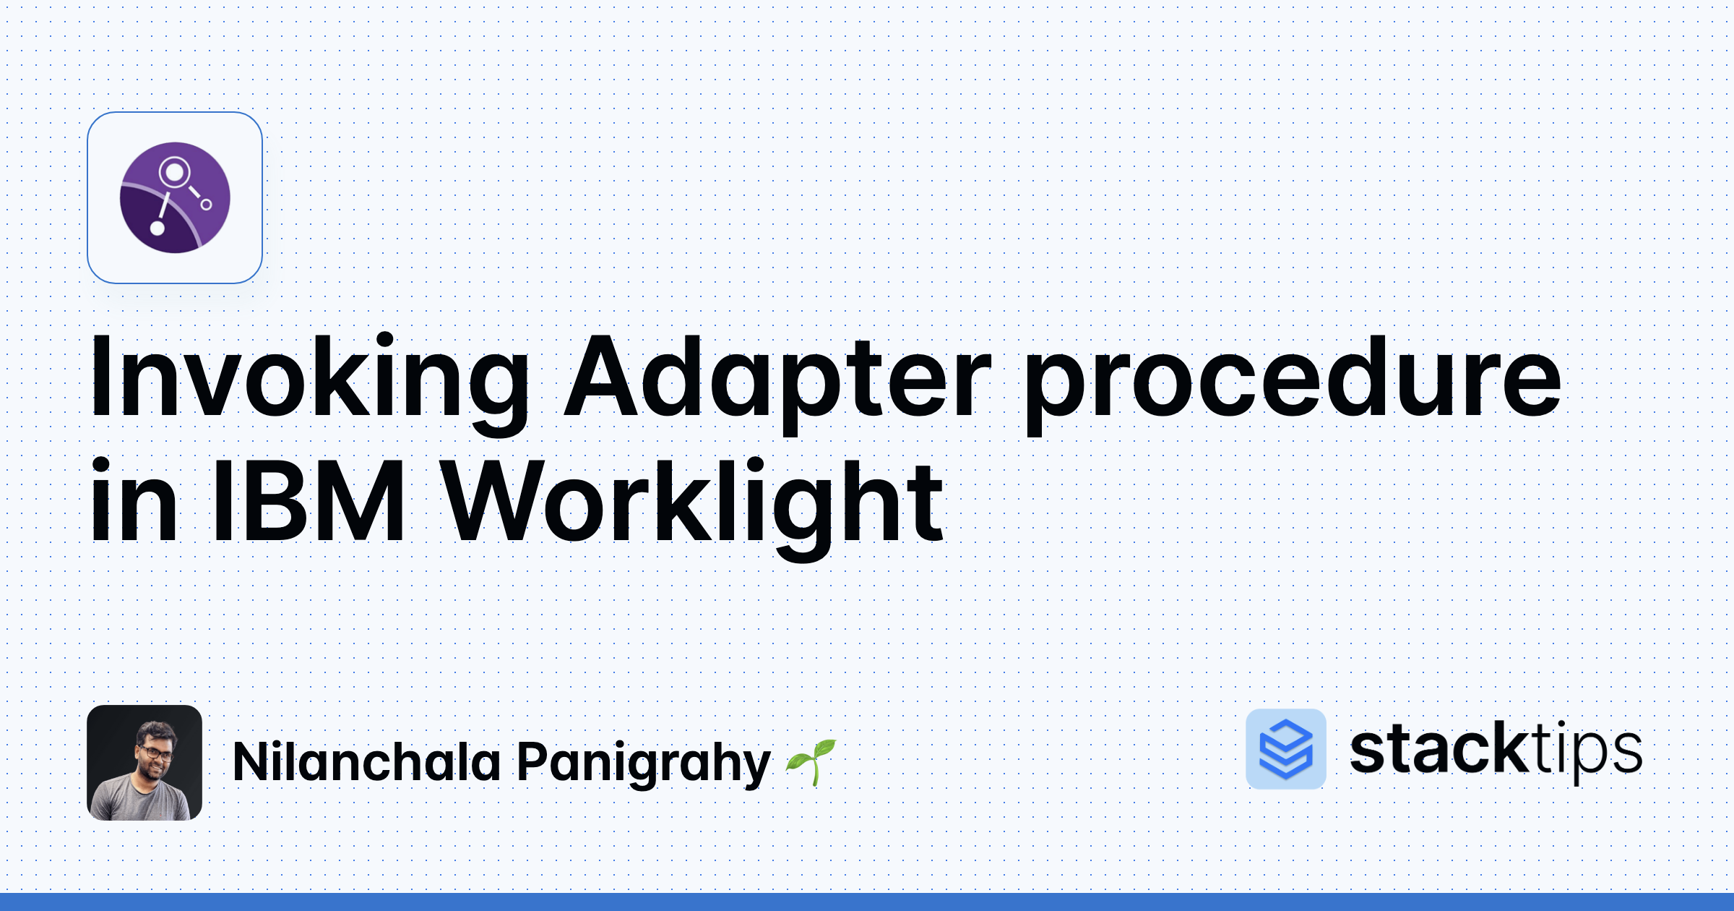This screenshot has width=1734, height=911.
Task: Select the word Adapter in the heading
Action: (x=777, y=383)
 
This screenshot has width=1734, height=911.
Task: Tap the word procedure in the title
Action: (x=1293, y=383)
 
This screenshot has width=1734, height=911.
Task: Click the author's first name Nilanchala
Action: (x=367, y=762)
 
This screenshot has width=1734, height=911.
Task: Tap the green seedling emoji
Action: (x=811, y=762)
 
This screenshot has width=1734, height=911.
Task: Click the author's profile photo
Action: (x=144, y=763)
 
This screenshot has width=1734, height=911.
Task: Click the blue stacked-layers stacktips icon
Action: (x=1286, y=749)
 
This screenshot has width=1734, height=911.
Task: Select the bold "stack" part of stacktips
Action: (x=1438, y=749)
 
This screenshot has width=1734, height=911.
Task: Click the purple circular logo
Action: (x=175, y=197)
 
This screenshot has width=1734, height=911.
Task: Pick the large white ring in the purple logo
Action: (x=174, y=173)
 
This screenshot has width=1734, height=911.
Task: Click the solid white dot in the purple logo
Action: (x=157, y=228)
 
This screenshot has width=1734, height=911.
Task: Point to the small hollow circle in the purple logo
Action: (x=206, y=205)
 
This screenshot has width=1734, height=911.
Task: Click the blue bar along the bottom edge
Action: (x=867, y=902)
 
